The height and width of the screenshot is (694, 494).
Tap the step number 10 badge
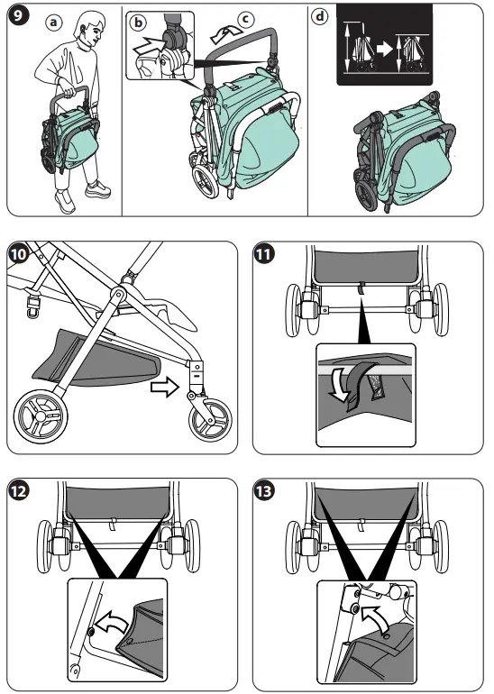click(x=17, y=255)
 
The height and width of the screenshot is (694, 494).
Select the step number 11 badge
click(x=263, y=255)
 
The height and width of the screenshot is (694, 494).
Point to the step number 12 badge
click(x=17, y=491)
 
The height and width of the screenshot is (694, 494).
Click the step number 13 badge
click(x=263, y=491)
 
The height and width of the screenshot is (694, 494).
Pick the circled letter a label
click(x=57, y=23)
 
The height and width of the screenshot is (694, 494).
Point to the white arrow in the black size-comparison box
click(x=385, y=50)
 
